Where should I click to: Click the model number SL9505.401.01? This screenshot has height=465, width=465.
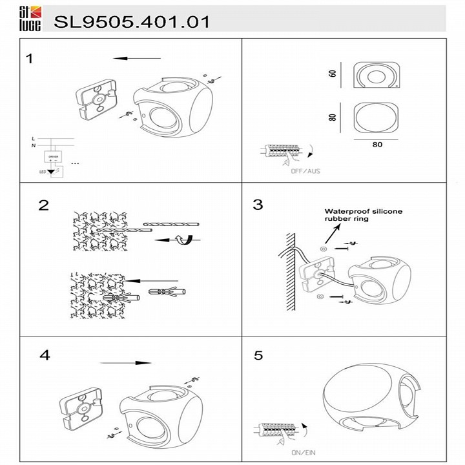132,22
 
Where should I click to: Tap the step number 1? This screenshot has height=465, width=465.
29,59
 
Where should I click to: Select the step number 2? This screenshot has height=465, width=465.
43,205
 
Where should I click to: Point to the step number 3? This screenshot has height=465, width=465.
258,205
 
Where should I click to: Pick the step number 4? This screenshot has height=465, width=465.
44,355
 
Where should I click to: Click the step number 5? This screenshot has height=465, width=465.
258,356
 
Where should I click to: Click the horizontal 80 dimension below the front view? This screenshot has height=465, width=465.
377,145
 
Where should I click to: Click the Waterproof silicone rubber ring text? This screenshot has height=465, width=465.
363,214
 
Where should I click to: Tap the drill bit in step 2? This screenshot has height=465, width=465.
171,225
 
